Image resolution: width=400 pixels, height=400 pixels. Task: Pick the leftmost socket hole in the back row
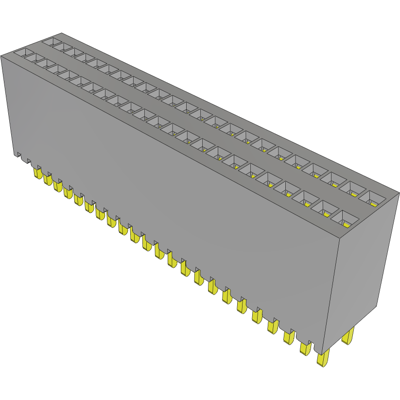51,41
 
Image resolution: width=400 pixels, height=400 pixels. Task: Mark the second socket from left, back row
62,46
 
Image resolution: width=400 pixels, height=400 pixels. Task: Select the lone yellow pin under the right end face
348,336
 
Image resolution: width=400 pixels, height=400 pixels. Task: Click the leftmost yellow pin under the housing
37,172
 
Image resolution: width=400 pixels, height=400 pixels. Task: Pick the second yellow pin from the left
47,179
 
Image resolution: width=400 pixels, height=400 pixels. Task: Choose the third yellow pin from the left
58,186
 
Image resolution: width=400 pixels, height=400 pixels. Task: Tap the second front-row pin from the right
305,348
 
